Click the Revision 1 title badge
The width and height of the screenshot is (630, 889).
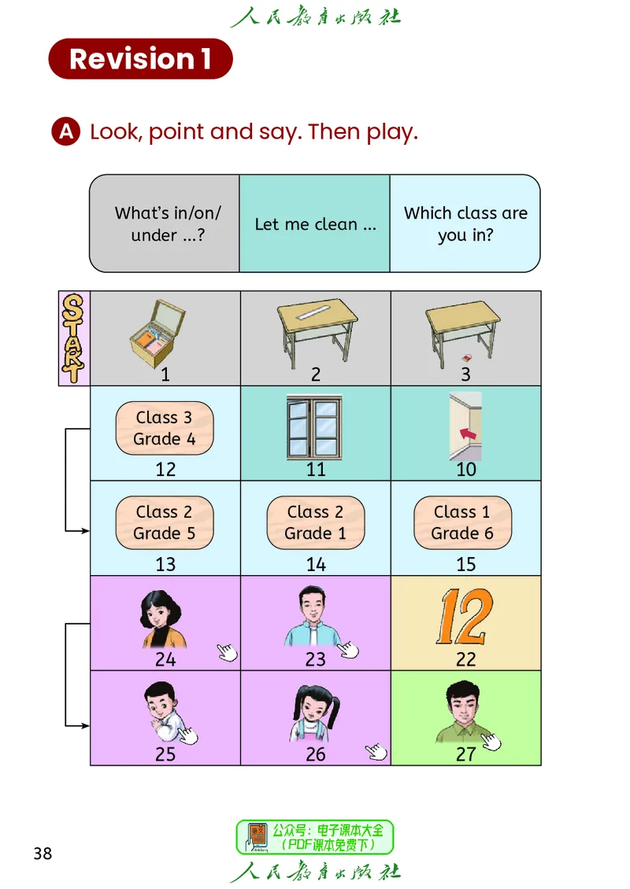tap(141, 59)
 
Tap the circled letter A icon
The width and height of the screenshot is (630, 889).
tap(66, 131)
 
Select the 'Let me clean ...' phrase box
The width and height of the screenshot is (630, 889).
tap(315, 223)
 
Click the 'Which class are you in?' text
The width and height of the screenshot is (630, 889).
tap(465, 223)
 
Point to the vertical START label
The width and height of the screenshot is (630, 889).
tap(74, 338)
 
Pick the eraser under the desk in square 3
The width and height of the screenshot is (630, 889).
tap(467, 358)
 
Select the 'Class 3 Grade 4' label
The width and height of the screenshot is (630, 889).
tap(165, 428)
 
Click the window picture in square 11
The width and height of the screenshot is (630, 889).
tap(314, 427)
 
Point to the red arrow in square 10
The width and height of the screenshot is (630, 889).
tap(469, 433)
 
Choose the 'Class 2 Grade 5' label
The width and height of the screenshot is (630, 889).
tap(165, 522)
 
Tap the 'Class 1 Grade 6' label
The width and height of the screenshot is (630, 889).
tap(462, 522)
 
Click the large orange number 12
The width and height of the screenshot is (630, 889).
tap(465, 616)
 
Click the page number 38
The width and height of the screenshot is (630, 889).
tap(43, 854)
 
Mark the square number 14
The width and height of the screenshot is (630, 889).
tap(316, 564)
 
